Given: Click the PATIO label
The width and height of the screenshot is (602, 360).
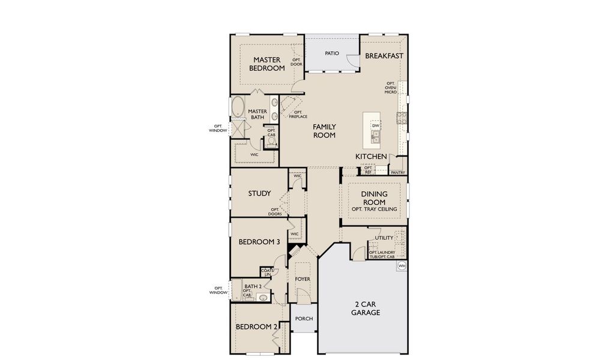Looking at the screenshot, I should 332,53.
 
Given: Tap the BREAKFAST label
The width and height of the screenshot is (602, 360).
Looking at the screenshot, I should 384,56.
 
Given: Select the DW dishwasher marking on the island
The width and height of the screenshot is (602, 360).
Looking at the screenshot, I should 376,125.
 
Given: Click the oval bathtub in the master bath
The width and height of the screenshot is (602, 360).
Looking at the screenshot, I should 238,107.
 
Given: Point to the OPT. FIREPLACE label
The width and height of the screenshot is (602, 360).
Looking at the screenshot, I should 298,114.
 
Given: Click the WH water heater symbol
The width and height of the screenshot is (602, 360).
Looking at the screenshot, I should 402,266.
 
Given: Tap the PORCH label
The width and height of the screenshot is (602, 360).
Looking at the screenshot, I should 304,318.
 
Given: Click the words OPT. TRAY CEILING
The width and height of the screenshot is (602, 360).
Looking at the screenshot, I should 374,208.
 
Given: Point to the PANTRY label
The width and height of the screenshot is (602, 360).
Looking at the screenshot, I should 398,173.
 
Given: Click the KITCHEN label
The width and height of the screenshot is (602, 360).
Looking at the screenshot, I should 371,157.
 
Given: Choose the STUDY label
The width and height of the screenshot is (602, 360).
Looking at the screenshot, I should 259,194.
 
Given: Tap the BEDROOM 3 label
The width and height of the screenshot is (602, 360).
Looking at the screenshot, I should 259,242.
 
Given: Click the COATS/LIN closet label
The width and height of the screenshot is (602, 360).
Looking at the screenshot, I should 267,272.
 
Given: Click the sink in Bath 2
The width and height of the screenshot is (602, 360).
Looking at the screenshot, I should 263,297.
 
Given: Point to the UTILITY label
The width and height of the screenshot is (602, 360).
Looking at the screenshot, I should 384,238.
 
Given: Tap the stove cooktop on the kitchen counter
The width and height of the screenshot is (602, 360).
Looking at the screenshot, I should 402,118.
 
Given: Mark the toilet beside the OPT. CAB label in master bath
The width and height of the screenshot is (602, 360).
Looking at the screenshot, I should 270,142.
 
